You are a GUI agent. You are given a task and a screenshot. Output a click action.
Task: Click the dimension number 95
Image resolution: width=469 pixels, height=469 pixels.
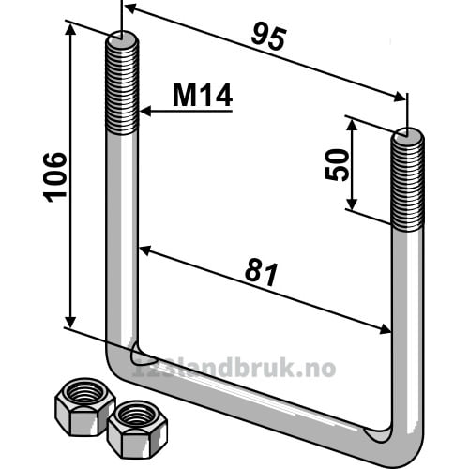268,38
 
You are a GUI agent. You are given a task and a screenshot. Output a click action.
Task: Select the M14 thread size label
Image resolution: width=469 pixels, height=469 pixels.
203,95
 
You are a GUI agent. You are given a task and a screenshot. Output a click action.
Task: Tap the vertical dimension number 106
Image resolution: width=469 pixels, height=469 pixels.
55,177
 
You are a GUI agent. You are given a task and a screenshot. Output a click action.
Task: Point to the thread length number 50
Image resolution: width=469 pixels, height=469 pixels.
337,165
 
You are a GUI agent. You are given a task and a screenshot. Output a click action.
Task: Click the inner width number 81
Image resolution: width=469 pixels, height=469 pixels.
262,274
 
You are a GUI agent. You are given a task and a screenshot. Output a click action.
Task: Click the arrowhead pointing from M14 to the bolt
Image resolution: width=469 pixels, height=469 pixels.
145,111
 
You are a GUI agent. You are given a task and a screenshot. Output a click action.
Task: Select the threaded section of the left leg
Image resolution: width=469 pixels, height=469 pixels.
121,85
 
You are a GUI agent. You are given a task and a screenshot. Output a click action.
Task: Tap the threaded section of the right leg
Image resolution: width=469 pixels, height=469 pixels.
407,181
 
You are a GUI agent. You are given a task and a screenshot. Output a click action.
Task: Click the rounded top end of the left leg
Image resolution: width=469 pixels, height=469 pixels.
122,37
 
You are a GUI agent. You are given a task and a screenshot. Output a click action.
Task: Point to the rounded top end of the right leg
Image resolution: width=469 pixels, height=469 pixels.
408,134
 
